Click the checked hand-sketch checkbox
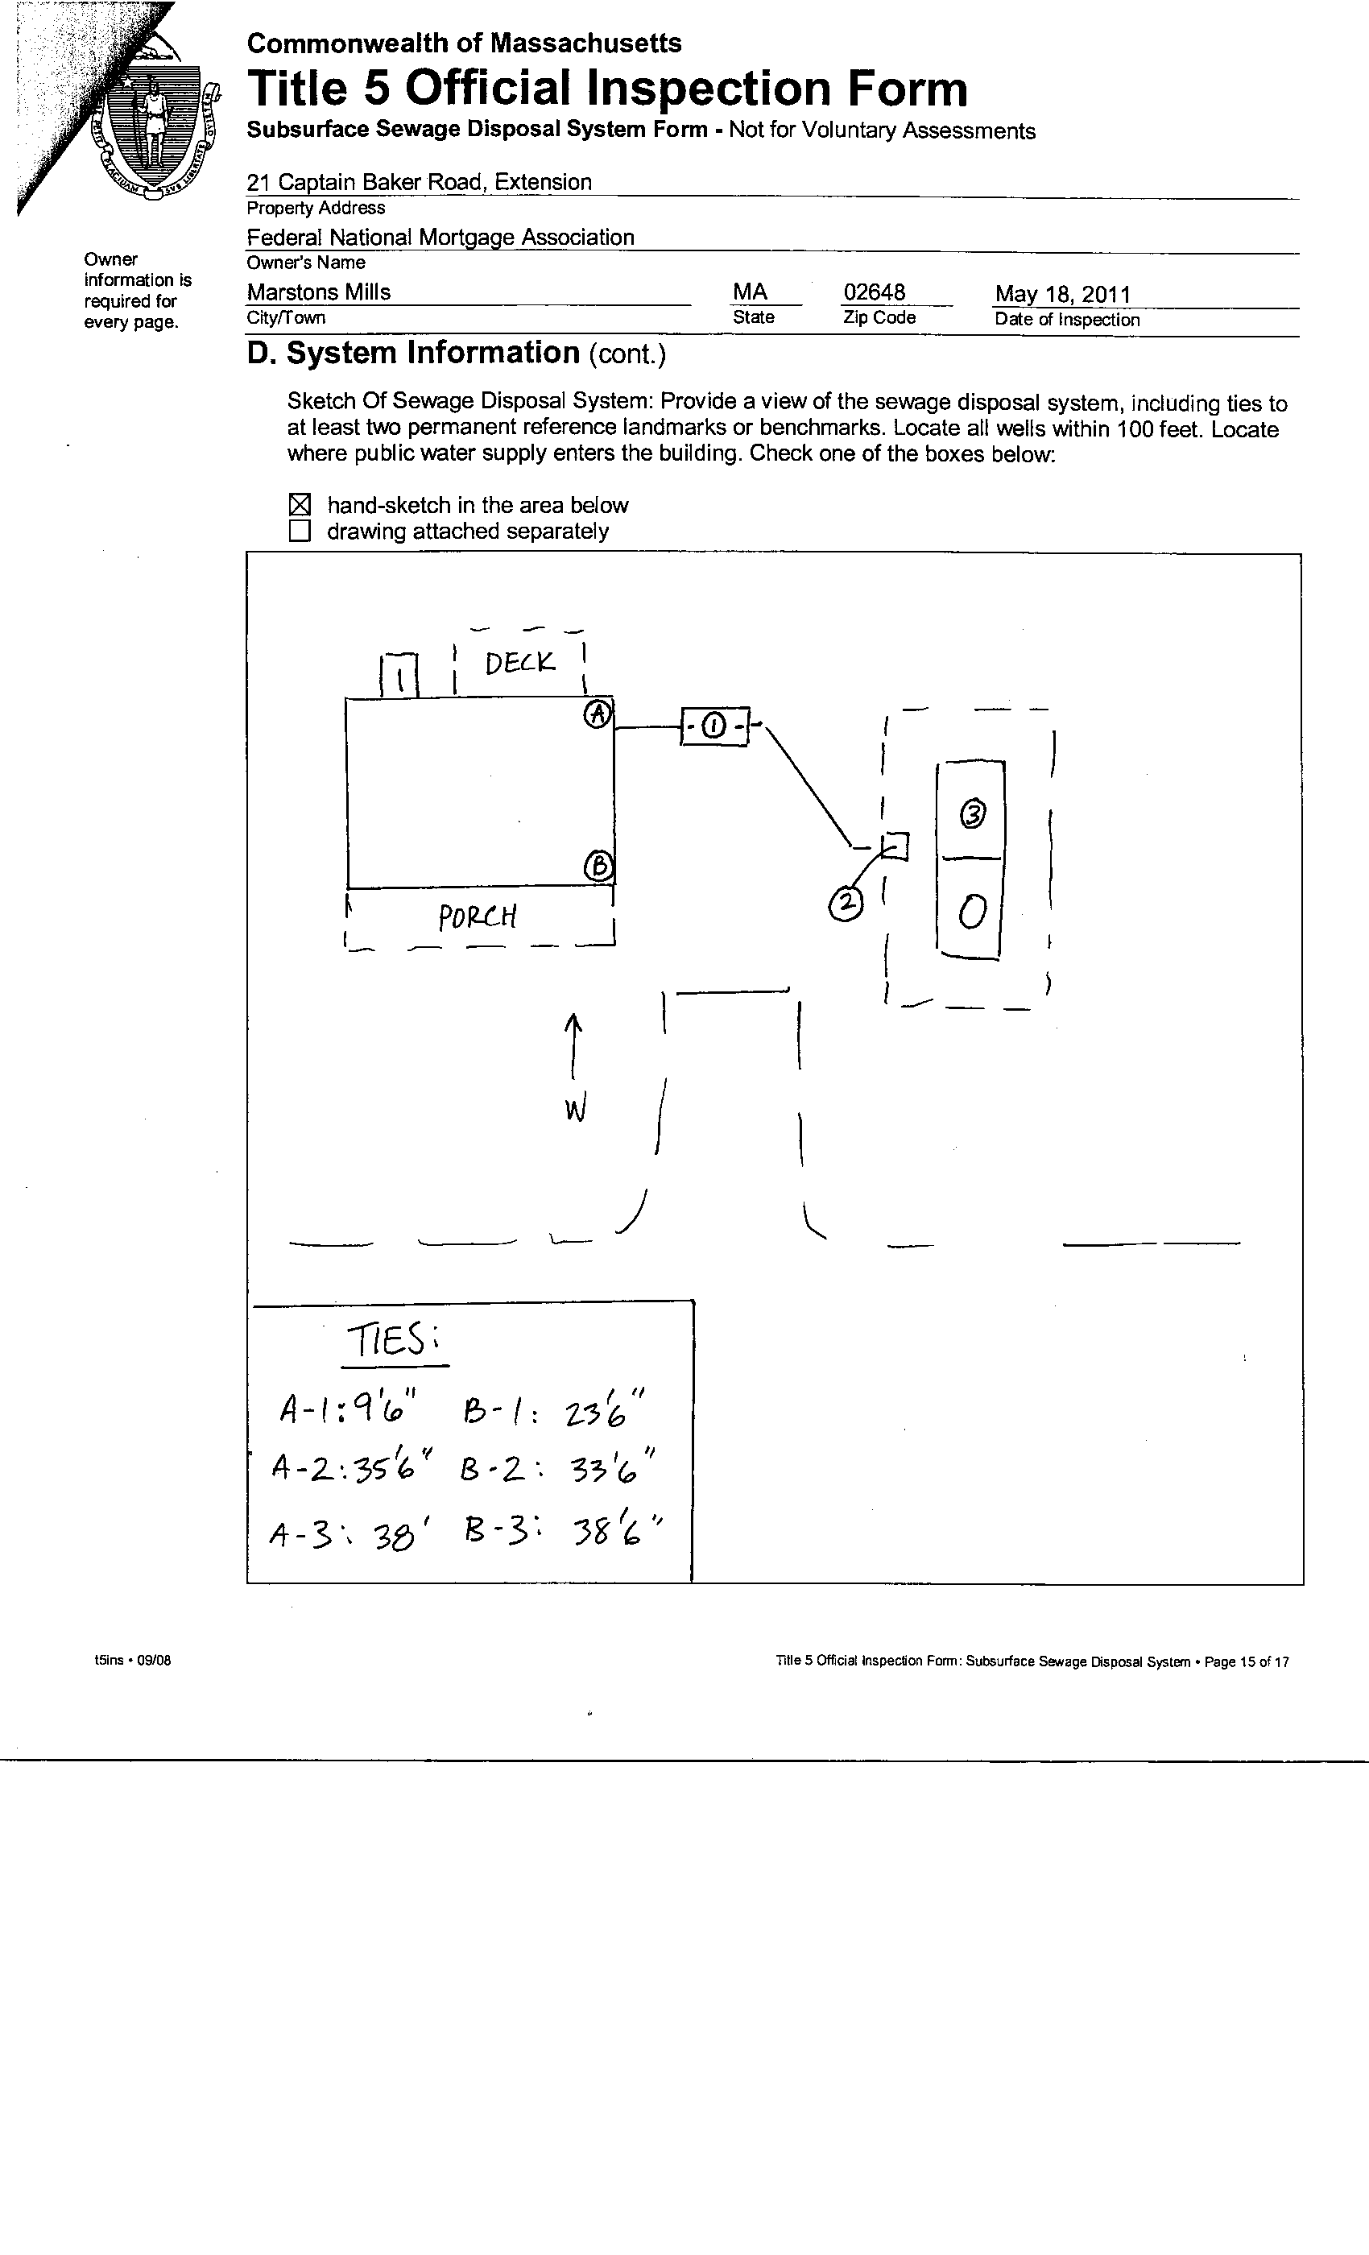pyautogui.click(x=300, y=504)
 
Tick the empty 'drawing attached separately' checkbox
pyautogui.click(x=300, y=531)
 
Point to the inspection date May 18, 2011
pyautogui.click(x=1062, y=294)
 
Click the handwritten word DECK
pyautogui.click(x=519, y=663)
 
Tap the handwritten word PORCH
pyautogui.click(x=477, y=917)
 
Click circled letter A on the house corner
pyautogui.click(x=598, y=714)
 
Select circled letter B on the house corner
pyautogui.click(x=598, y=866)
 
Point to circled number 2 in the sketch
pyautogui.click(x=846, y=904)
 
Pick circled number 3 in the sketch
pyautogui.click(x=973, y=813)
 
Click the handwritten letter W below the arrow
pyautogui.click(x=575, y=1110)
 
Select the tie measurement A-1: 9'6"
pyautogui.click(x=347, y=1409)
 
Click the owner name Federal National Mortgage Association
pyautogui.click(x=440, y=237)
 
